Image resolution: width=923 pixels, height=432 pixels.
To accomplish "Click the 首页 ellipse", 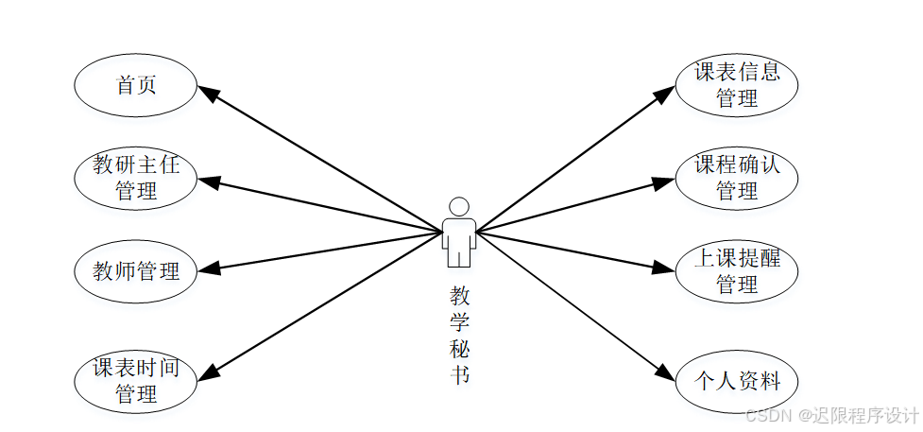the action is [136, 85].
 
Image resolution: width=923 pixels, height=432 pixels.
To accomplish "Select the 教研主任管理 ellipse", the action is [136, 178].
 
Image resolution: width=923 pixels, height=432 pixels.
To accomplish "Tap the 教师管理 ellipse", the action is [136, 271].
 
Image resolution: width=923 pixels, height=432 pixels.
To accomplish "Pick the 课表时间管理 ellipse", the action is [136, 381].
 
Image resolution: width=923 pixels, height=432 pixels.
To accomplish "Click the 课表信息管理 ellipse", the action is [737, 85].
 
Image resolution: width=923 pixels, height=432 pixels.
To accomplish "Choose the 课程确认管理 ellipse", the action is [737, 178].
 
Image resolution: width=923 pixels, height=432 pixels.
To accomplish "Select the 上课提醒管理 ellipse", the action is [737, 271].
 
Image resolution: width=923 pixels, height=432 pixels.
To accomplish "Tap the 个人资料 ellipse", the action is [737, 381].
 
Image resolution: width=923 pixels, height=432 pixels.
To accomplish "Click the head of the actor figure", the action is [459, 206].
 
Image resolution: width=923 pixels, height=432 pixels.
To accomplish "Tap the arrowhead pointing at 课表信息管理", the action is [664, 94].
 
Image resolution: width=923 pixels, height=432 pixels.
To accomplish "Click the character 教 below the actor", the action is [459, 295].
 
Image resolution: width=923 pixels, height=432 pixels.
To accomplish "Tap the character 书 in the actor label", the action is [459, 374].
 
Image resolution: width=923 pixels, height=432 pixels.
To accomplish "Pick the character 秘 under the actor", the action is [459, 348].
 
